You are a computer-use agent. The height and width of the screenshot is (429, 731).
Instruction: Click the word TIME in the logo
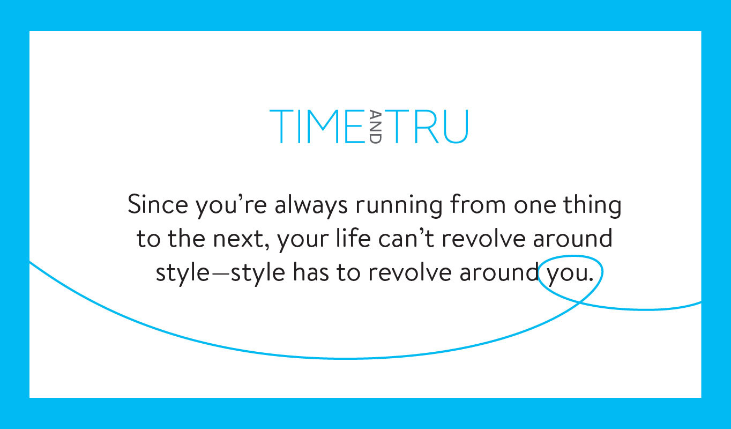pyautogui.click(x=317, y=127)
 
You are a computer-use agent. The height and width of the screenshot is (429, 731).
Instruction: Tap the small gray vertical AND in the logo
pyautogui.click(x=375, y=127)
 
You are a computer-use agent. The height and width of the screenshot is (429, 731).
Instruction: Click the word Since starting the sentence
pyautogui.click(x=158, y=204)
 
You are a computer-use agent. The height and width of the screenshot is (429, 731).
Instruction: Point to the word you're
pyautogui.click(x=231, y=206)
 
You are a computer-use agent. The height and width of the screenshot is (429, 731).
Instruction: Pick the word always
pyautogui.click(x=311, y=206)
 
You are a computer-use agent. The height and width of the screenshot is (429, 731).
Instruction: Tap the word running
pyautogui.click(x=399, y=206)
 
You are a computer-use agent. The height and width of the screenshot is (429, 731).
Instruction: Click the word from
pyautogui.click(x=478, y=204)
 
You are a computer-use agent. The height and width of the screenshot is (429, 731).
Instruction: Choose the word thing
pyautogui.click(x=592, y=206)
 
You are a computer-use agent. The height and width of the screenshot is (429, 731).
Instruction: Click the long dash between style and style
pyautogui.click(x=220, y=273)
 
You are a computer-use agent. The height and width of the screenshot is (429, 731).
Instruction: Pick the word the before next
pyautogui.click(x=187, y=238)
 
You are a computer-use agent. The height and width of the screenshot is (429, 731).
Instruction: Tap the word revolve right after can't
pyautogui.click(x=483, y=238)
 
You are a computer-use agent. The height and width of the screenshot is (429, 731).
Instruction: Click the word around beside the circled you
pyautogui.click(x=499, y=272)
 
